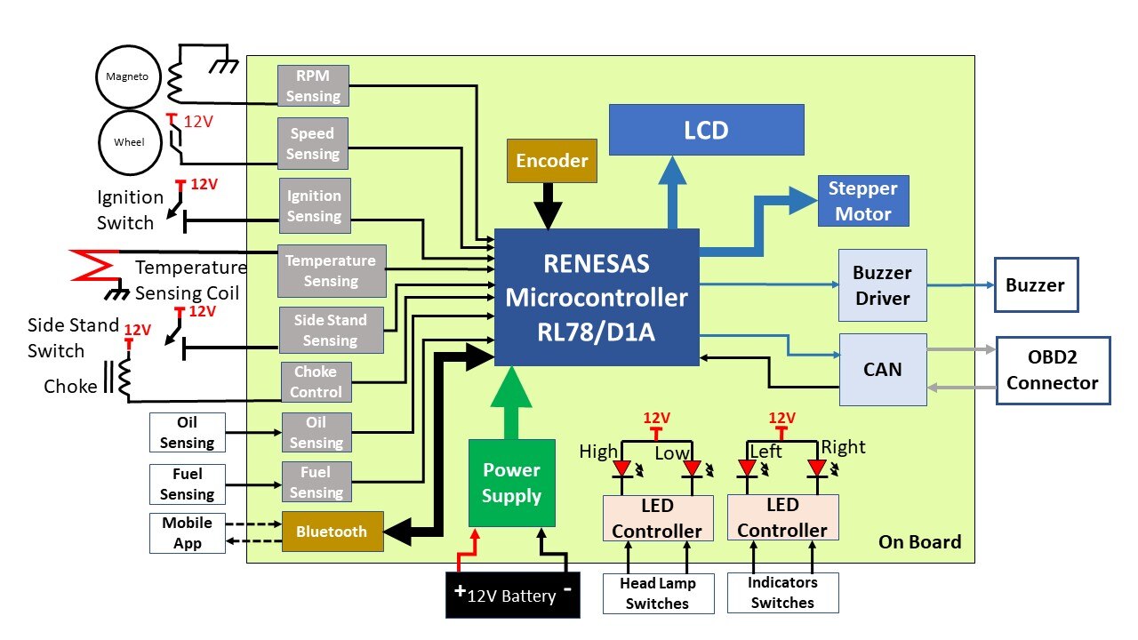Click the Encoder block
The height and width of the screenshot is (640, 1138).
point(552,160)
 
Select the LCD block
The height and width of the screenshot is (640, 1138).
point(706,131)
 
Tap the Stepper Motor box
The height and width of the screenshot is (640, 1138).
point(862,201)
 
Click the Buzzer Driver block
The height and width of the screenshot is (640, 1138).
point(882,285)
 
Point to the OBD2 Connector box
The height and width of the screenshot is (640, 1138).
point(1053,371)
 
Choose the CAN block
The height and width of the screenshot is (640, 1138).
point(882,369)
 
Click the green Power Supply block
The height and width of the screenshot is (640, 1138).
point(511,483)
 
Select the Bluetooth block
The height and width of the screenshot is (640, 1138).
point(332,532)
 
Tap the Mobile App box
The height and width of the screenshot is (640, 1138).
point(187,533)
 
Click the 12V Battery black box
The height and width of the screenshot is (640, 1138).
point(512,595)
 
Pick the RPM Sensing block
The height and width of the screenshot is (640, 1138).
point(313,86)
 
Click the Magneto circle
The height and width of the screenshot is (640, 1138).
point(126,76)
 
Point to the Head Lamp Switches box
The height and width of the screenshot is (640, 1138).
point(657,594)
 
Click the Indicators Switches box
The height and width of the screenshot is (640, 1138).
point(782,593)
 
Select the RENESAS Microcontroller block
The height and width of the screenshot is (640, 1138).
point(597,297)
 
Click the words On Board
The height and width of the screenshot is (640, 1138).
point(919,542)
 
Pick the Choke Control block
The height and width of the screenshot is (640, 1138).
point(317,382)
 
